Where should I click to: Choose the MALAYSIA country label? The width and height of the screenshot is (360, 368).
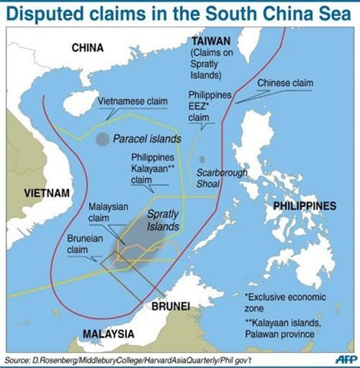click(109, 334)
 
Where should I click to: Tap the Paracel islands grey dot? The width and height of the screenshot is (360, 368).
click(103, 139)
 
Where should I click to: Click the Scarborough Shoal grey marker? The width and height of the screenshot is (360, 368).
click(203, 159)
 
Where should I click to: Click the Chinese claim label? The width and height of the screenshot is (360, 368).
click(283, 83)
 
